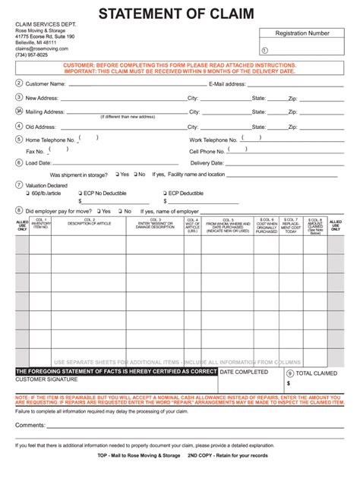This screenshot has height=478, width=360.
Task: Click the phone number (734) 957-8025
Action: click(32, 55)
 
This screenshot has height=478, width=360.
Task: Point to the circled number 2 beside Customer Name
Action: click(19, 83)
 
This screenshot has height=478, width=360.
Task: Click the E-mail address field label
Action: click(226, 83)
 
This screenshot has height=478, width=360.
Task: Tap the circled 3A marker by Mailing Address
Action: click(19, 112)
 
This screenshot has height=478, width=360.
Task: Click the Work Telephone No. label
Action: click(213, 140)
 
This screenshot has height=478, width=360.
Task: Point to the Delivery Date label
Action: click(206, 162)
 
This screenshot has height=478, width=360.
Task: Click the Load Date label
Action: click(38, 162)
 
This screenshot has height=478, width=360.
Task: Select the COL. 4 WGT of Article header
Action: click(191, 225)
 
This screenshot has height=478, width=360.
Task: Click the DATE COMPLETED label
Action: click(243, 373)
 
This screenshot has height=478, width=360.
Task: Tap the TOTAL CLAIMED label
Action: click(316, 374)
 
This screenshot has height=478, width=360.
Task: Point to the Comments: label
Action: click(30, 426)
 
